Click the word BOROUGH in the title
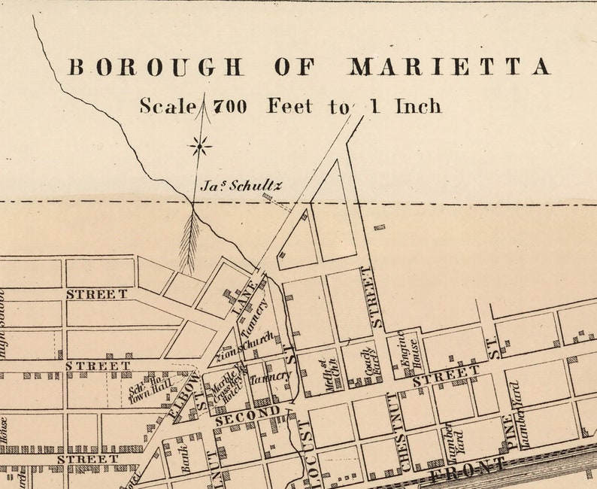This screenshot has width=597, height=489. click(x=156, y=67)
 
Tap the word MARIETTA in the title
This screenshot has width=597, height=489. click(x=449, y=67)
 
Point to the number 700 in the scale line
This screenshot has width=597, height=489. click(x=229, y=106)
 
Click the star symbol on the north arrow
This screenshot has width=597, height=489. click(x=200, y=145)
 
